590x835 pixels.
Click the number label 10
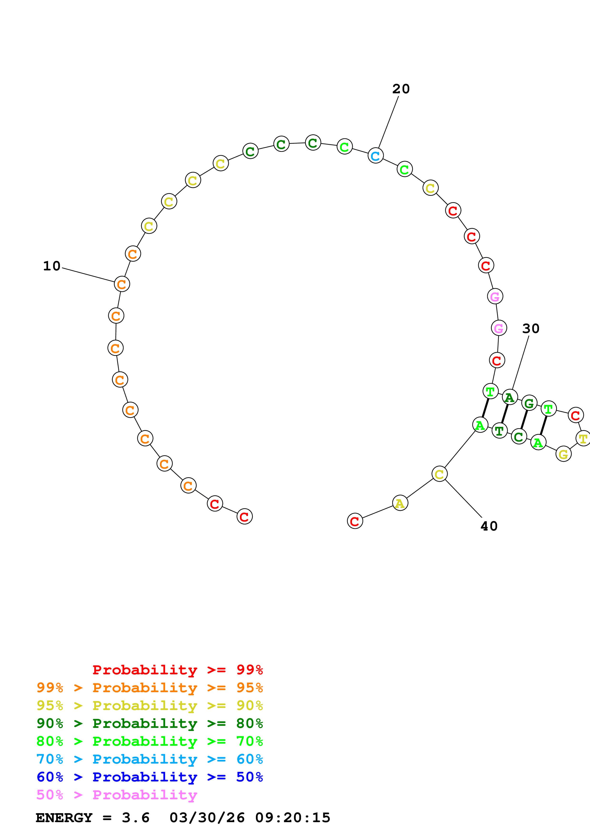point(52,266)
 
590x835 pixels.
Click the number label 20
point(401,89)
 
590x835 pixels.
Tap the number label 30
point(531,328)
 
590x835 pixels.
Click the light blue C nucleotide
point(376,156)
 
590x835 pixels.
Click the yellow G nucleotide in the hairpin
point(563,454)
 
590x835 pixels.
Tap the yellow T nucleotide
point(583,439)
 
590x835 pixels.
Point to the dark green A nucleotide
point(510,398)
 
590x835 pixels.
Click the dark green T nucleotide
point(500,431)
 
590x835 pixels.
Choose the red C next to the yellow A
point(355,521)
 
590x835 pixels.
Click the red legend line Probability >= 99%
point(177,670)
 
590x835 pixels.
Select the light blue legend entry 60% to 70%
point(150,759)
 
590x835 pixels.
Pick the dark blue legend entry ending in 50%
point(150,777)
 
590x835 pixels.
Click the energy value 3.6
point(136,818)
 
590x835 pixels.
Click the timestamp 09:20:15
point(293,818)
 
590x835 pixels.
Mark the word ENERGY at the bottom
point(64,818)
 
